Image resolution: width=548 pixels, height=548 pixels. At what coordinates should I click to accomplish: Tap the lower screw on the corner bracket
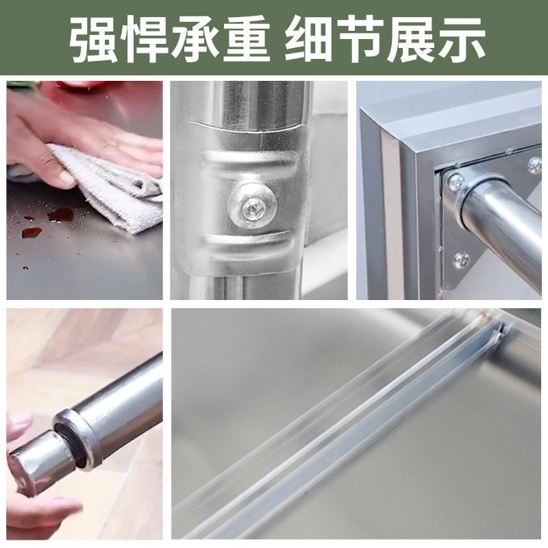click(462, 259)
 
